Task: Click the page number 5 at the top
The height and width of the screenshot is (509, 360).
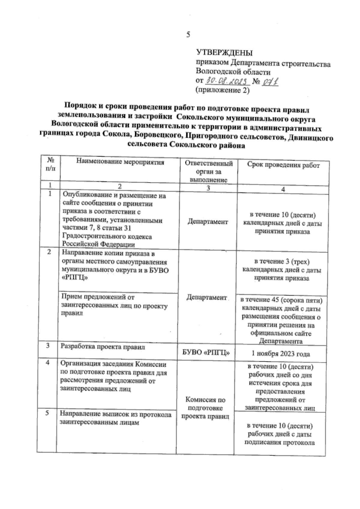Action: tap(188, 35)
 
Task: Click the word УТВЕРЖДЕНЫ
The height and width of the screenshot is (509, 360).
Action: tap(224, 53)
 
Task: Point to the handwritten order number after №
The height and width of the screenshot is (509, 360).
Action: tap(270, 81)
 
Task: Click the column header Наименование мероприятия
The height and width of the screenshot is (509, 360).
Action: tap(120, 162)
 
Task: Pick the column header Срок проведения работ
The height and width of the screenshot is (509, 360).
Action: tap(283, 165)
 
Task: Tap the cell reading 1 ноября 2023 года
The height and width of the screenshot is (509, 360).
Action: tap(280, 354)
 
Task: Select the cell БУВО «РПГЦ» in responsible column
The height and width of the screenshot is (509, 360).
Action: tap(206, 353)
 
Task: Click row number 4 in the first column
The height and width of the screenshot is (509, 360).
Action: tap(47, 363)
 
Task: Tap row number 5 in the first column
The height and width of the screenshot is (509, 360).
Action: tap(47, 413)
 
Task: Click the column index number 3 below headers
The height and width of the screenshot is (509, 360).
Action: tap(208, 188)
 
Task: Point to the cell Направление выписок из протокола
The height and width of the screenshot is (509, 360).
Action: tap(115, 418)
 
